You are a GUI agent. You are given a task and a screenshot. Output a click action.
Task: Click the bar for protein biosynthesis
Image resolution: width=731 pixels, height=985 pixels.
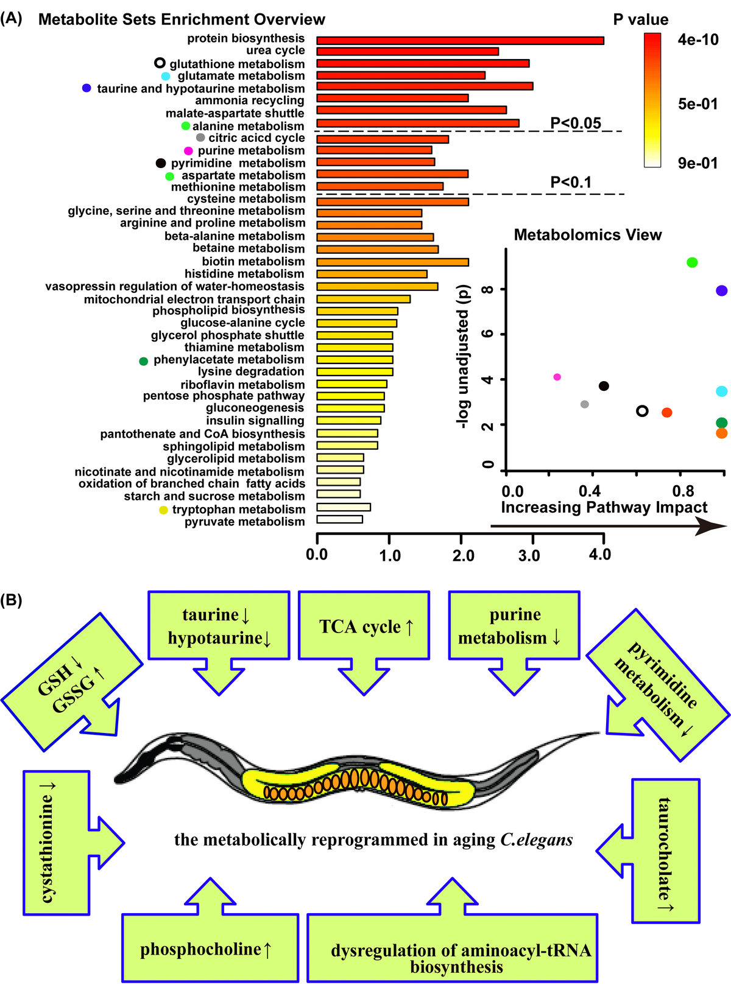tap(460, 40)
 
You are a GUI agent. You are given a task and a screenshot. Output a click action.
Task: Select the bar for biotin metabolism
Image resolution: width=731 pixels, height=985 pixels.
tap(392, 262)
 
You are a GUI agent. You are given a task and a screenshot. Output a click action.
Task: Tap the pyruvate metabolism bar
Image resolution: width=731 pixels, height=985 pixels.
tap(339, 519)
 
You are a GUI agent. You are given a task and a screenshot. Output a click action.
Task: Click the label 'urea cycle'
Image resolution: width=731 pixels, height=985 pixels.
tap(275, 51)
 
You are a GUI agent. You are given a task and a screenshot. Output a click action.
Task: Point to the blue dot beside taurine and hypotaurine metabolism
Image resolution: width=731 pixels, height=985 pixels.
tap(87, 88)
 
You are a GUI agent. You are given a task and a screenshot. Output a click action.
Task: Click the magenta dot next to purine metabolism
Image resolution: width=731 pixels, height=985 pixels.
tap(188, 150)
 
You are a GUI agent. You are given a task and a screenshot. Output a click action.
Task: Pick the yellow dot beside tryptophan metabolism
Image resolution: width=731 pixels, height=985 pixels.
tap(163, 510)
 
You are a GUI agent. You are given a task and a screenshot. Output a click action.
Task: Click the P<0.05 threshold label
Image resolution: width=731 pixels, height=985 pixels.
tap(575, 123)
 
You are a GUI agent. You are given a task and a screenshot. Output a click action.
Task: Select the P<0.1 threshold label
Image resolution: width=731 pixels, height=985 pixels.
tap(571, 181)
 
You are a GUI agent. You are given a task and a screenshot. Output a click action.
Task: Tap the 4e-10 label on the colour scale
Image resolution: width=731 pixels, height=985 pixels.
tap(698, 40)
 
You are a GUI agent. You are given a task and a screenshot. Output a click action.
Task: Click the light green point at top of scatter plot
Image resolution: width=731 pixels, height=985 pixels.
tap(691, 262)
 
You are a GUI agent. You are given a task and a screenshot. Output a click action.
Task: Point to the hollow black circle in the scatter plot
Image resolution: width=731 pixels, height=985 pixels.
tap(642, 411)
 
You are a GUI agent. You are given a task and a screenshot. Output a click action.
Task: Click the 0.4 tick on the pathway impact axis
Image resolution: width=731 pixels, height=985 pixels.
tap(588, 491)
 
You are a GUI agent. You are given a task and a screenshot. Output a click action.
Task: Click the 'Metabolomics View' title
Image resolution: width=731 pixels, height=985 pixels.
tap(587, 235)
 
